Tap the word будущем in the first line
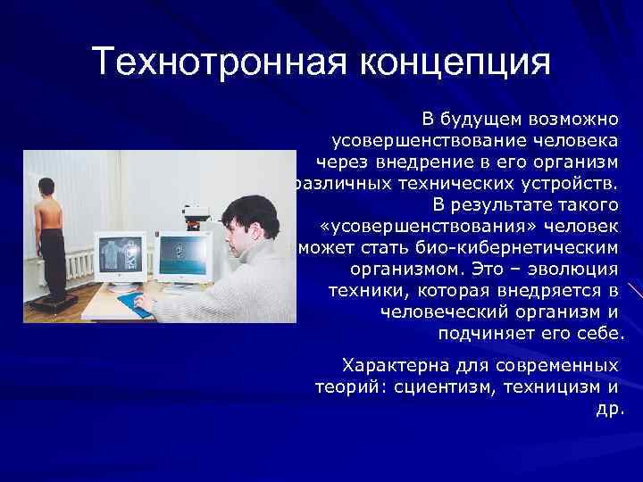480,118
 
